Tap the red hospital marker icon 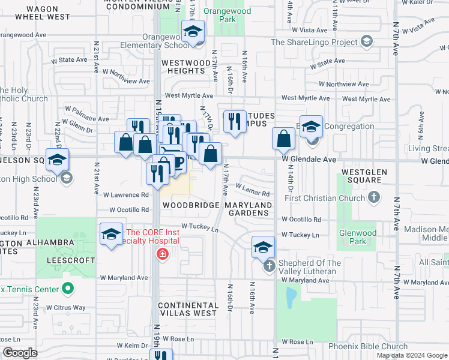click(x=161, y=255)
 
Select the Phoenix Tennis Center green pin click(x=68, y=289)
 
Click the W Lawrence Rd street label click(x=125, y=195)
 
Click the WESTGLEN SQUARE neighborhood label click(x=363, y=176)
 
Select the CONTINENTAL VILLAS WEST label click(x=187, y=309)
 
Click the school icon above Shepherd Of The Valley click(x=263, y=247)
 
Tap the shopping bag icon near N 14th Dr click(x=283, y=139)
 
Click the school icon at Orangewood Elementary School click(x=193, y=31)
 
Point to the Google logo click(x=20, y=353)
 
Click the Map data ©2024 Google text click(x=411, y=355)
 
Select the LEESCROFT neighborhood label click(x=76, y=260)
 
